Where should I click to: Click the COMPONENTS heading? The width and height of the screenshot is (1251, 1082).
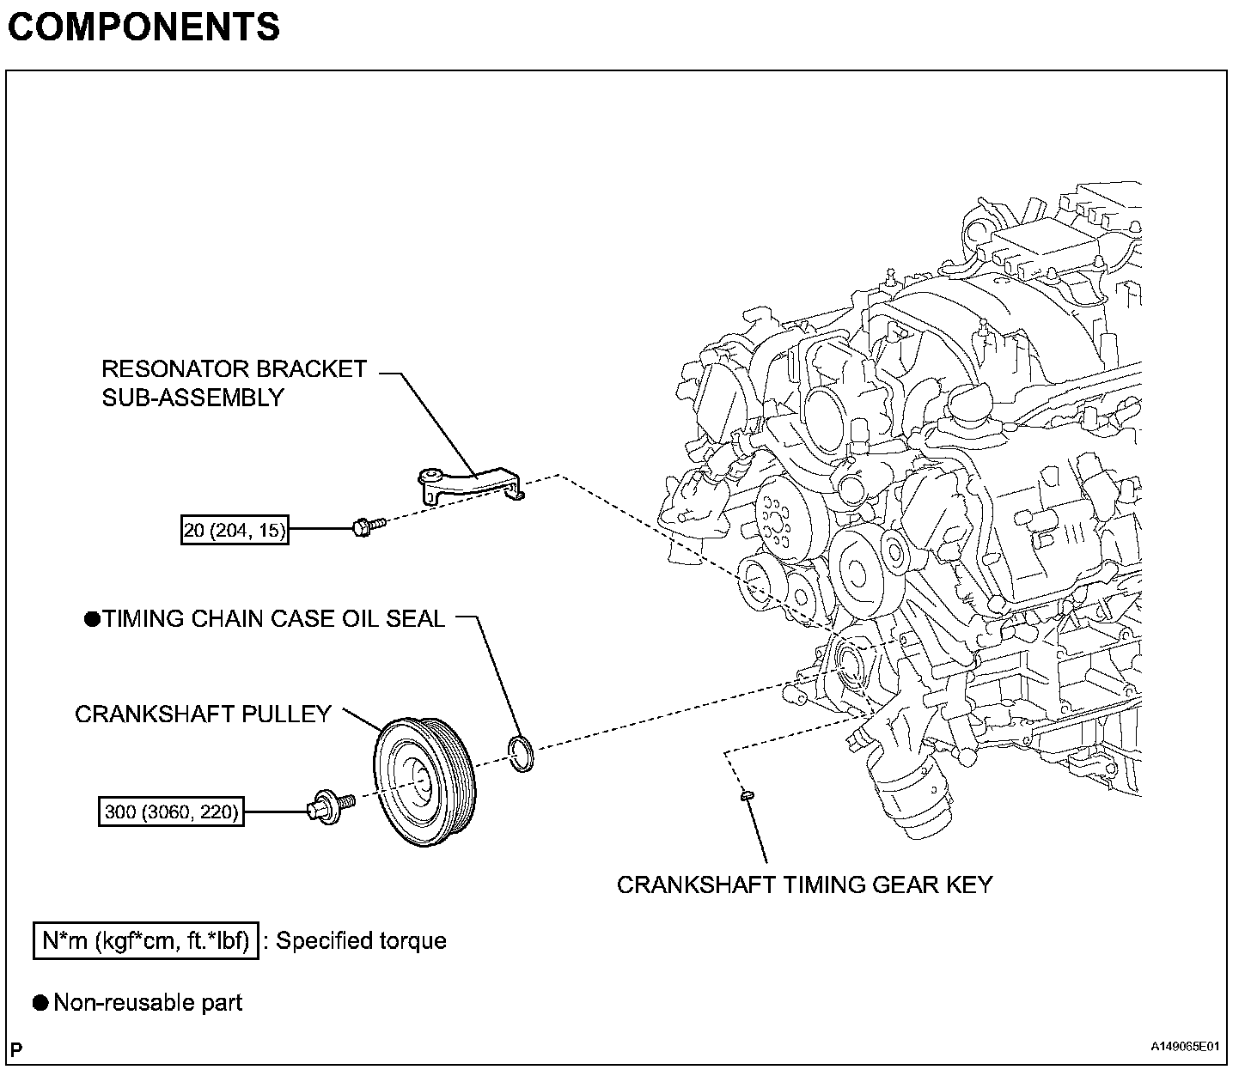click(143, 27)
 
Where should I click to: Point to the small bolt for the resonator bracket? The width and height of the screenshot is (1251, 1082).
click(369, 526)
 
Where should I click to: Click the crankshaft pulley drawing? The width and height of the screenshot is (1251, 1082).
click(424, 782)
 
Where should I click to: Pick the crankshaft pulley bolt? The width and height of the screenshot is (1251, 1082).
click(331, 806)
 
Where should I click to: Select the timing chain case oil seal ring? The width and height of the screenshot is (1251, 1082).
click(521, 753)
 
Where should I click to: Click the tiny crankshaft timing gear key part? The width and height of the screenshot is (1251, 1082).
click(747, 796)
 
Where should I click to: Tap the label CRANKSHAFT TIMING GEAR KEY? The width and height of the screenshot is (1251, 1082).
click(805, 884)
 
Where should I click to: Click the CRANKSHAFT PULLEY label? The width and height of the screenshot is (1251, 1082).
click(204, 714)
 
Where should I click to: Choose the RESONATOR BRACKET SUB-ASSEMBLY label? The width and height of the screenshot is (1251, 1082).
click(235, 383)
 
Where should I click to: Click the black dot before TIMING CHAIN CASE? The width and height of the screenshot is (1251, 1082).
click(92, 619)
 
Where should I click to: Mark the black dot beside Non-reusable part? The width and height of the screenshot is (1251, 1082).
click(40, 1003)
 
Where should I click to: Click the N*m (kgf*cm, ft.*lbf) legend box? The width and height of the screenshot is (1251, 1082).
click(146, 940)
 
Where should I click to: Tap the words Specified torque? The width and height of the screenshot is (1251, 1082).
click(362, 941)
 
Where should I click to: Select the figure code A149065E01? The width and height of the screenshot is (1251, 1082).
click(1185, 1046)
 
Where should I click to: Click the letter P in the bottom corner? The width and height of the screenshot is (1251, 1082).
click(16, 1049)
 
